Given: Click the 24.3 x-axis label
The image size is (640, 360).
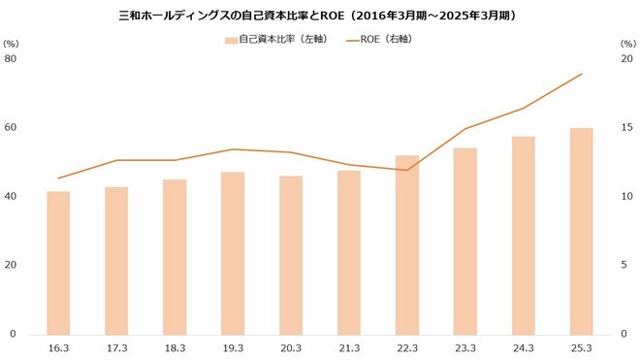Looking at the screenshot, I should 524,346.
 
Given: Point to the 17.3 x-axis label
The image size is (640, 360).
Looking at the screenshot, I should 116,346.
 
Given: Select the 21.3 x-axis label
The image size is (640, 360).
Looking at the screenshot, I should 349,346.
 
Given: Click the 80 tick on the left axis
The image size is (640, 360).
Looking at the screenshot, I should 12,58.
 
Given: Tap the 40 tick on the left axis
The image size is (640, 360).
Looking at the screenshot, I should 12,196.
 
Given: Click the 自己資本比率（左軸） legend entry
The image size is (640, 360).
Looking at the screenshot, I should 272,40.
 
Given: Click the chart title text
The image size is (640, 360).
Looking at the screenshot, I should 320,16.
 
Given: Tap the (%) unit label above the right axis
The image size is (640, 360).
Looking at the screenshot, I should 626,43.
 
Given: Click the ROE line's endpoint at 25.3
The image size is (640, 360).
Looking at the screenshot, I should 582,74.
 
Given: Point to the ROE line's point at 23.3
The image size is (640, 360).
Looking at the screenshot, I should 465,129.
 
